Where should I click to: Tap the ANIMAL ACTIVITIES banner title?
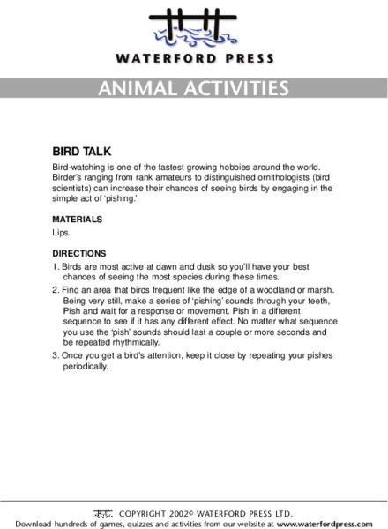click(194, 88)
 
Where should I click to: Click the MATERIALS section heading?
click(78, 219)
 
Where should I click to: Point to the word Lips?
click(63, 234)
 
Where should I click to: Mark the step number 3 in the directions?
click(55, 355)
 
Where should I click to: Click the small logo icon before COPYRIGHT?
click(102, 512)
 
